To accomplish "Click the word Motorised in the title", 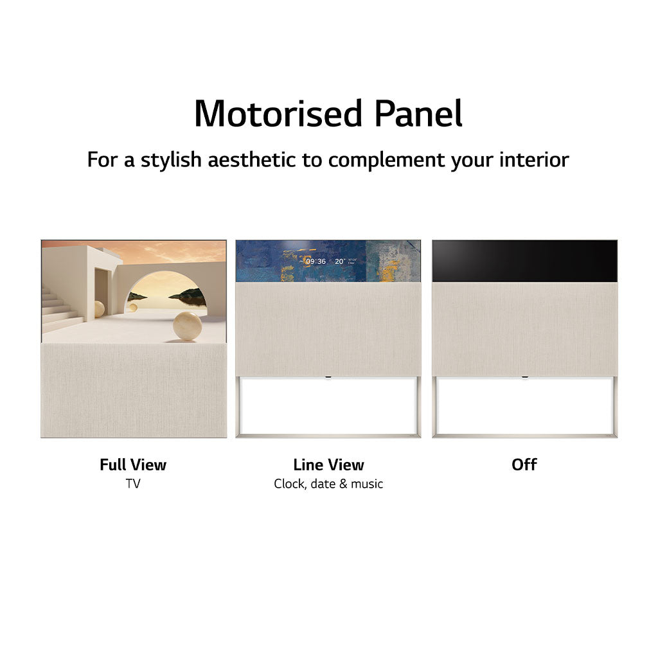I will coord(278,114).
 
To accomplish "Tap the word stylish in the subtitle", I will coord(171,159).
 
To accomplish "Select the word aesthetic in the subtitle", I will coord(253,159).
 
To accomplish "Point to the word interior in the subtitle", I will coord(535,159).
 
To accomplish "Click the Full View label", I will coord(133,465).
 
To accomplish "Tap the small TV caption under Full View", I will coord(133,484).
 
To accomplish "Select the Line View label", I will coord(328,465).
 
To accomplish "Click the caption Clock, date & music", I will coord(328,484).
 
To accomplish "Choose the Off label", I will coord(524,465).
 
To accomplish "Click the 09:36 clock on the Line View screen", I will coord(316,262).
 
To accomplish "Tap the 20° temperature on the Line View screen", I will coord(341,262).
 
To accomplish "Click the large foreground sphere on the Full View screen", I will coord(187,326).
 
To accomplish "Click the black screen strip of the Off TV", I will coord(524,261).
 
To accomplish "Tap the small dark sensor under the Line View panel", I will coord(328,377).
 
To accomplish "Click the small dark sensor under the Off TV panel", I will coord(525,377).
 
